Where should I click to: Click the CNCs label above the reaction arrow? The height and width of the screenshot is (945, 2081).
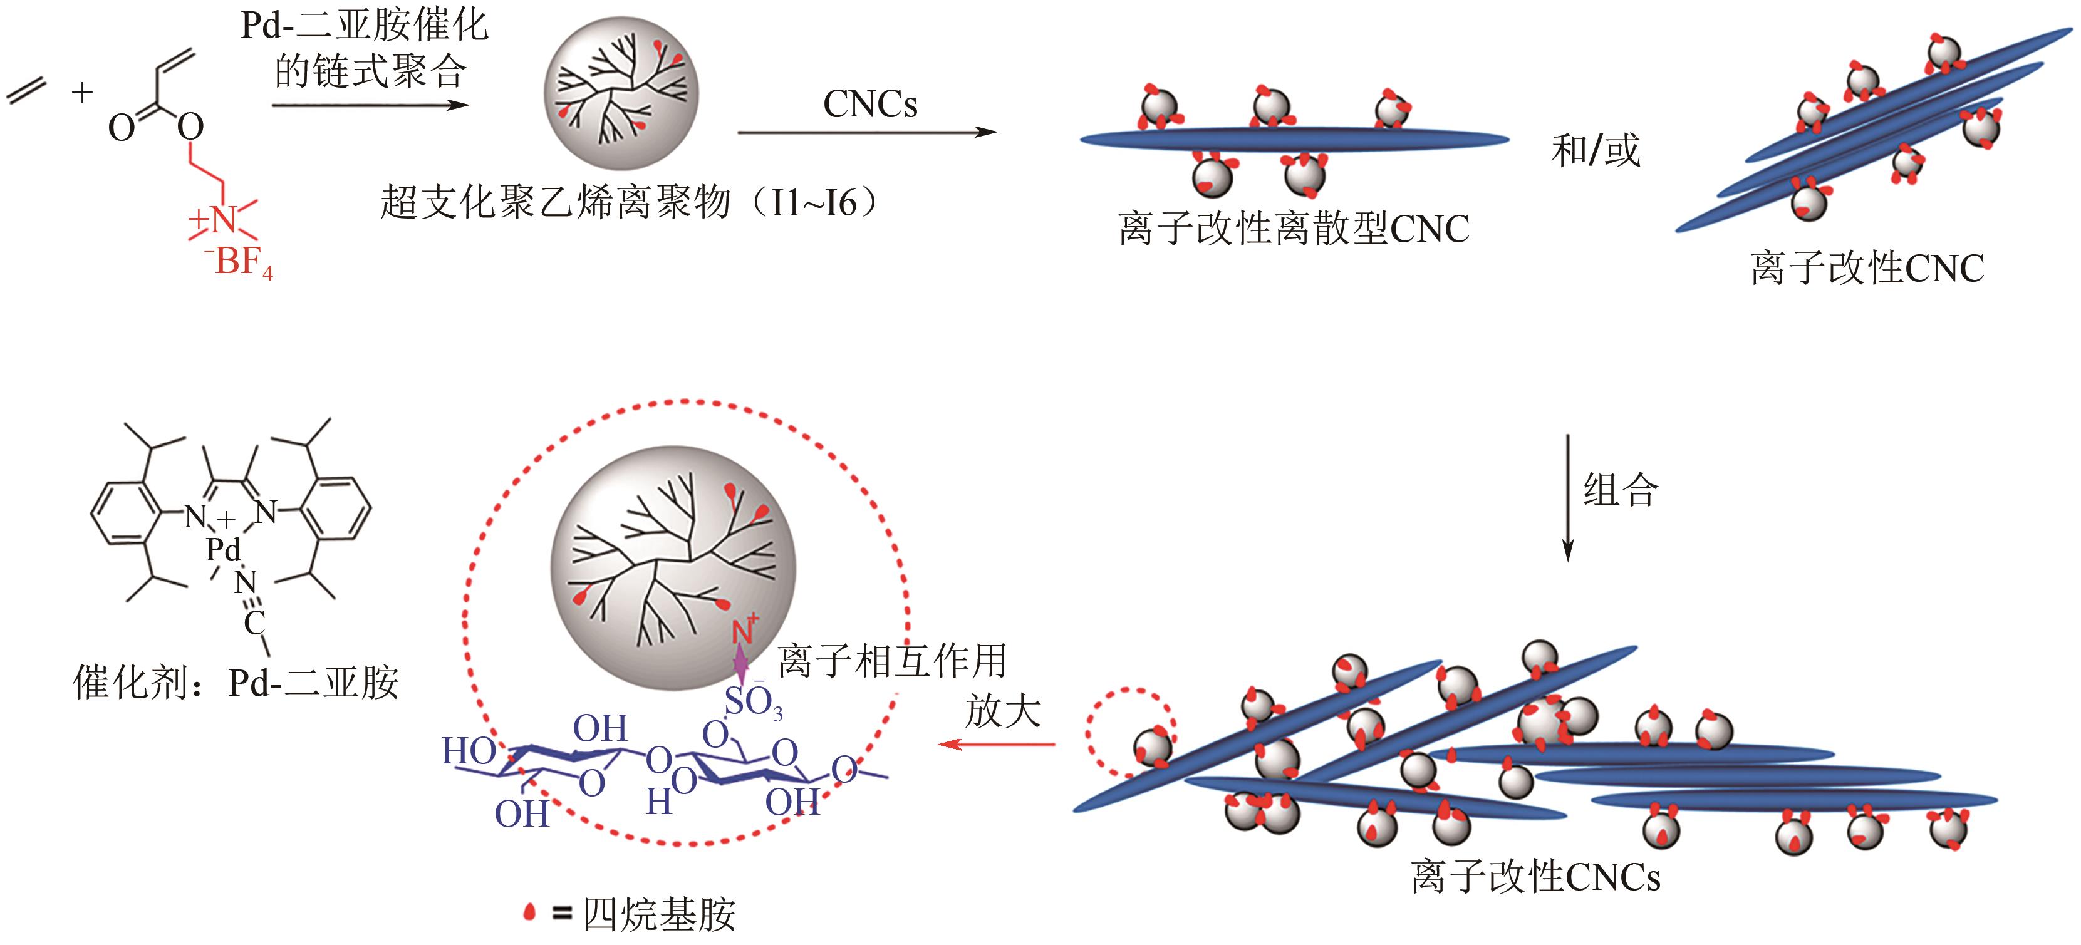[870, 104]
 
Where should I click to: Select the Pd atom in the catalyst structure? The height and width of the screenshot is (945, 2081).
[223, 550]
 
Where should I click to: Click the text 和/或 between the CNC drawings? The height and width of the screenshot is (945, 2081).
[1596, 151]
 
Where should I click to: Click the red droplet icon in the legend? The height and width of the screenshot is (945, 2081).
[530, 912]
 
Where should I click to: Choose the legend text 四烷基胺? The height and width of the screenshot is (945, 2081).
[659, 915]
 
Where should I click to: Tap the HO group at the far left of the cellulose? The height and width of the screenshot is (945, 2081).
[468, 751]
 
